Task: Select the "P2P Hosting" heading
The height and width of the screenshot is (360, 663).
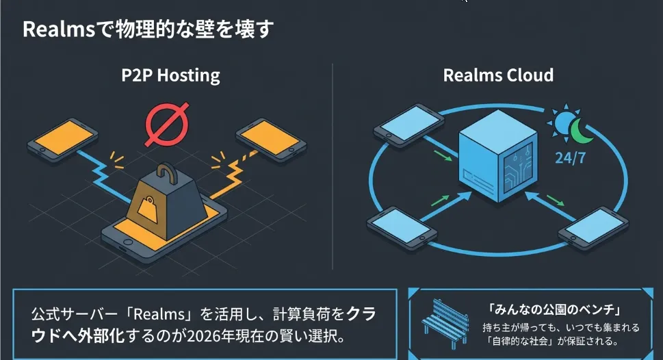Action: [170, 75]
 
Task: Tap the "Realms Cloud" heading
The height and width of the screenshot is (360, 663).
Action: [498, 75]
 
